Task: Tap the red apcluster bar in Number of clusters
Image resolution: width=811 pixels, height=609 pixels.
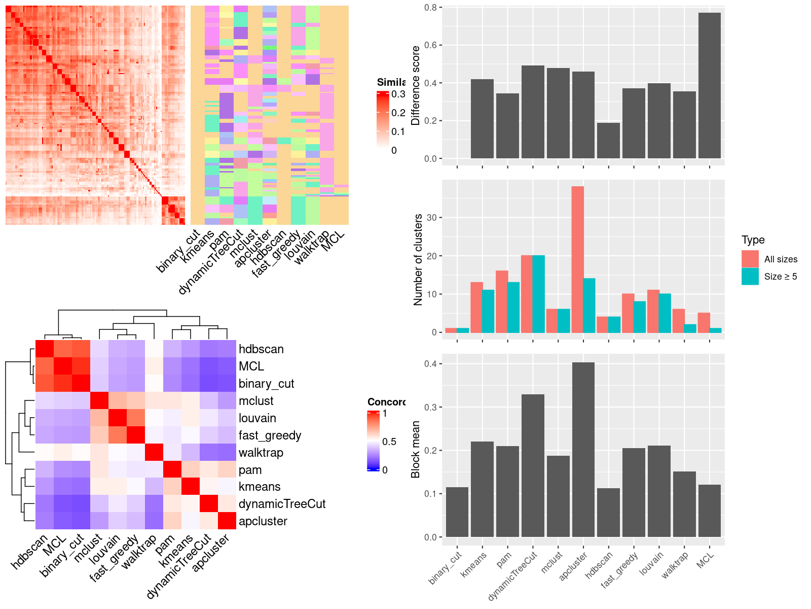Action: (x=577, y=259)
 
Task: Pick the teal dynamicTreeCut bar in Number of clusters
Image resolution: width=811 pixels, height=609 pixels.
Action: (x=538, y=294)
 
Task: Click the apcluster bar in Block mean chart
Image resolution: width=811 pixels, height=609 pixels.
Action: (x=583, y=450)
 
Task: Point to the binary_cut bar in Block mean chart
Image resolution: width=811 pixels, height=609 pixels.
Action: (x=457, y=512)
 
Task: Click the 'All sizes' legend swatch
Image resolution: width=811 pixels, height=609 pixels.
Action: (x=750, y=259)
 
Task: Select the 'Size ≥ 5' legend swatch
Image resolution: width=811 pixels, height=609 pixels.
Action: (x=750, y=276)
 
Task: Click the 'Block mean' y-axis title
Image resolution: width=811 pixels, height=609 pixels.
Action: (x=416, y=450)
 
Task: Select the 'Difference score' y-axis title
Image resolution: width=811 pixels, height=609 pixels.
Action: (x=416, y=85)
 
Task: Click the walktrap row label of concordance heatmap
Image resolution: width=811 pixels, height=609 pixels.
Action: (x=261, y=452)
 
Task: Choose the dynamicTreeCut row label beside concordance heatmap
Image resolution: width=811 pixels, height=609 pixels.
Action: (x=282, y=504)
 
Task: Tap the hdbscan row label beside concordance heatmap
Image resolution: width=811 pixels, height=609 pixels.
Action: (x=261, y=349)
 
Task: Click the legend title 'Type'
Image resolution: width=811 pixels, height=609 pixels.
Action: (x=753, y=240)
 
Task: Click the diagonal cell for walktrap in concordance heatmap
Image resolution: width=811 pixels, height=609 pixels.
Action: (x=154, y=452)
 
